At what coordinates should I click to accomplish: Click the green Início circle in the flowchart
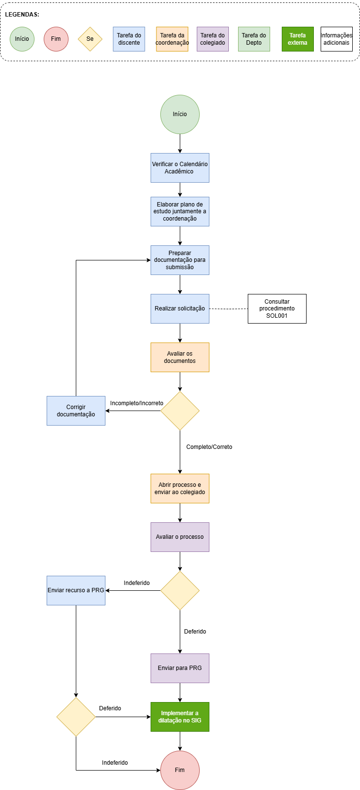(x=180, y=114)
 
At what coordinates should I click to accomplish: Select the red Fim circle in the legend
(x=56, y=39)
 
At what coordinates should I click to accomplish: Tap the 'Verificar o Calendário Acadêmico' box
(x=180, y=168)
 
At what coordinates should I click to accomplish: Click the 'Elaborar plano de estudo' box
(x=180, y=212)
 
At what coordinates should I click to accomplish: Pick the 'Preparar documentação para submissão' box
(x=180, y=260)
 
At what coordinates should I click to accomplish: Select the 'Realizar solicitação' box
(x=180, y=309)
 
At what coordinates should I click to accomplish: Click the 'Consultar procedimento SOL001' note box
(x=277, y=309)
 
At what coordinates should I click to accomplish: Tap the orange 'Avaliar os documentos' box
(x=180, y=357)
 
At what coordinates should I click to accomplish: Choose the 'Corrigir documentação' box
(x=76, y=411)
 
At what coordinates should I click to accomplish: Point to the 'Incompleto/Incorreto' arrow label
(x=137, y=403)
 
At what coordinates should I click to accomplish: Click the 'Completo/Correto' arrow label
(x=209, y=447)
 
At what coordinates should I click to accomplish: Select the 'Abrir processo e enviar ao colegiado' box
(x=180, y=488)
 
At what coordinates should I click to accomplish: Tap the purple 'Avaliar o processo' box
(x=180, y=537)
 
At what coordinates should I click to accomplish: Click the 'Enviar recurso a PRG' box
(x=76, y=591)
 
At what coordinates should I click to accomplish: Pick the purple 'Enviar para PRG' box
(x=180, y=669)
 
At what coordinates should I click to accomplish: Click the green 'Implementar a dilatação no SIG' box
(x=180, y=717)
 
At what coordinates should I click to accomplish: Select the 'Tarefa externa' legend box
(x=298, y=39)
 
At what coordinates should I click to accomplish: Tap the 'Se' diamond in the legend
(x=90, y=39)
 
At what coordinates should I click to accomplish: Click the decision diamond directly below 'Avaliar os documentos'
(x=180, y=411)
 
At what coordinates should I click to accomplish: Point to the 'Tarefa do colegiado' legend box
(x=213, y=39)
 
